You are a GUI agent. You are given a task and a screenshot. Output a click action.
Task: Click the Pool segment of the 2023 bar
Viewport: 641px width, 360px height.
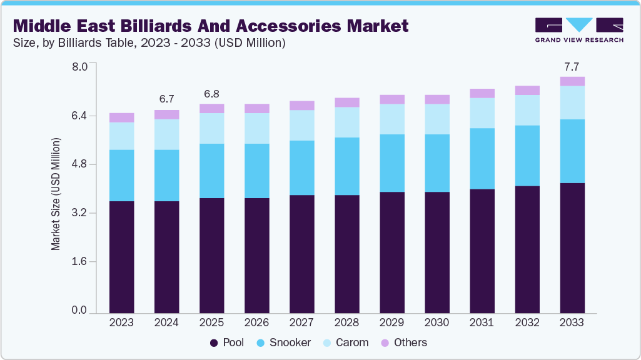tap(121, 256)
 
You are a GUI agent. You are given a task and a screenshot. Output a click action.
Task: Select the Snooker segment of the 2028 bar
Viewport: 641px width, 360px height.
tap(346, 166)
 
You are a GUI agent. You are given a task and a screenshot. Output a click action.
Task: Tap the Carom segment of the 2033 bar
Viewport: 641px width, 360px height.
tap(572, 102)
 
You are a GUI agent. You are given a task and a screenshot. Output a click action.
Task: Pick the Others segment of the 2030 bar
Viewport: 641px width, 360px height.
tap(437, 99)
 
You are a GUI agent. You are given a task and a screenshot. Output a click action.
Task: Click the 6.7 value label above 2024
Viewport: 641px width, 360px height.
tap(166, 99)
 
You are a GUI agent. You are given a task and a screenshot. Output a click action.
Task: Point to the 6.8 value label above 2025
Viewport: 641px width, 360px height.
tap(211, 94)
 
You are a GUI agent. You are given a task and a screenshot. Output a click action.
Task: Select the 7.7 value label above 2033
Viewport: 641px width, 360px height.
tap(572, 66)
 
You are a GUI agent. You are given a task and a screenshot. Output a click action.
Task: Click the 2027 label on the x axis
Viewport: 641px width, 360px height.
tap(301, 322)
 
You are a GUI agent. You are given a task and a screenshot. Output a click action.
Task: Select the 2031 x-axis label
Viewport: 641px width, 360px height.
tap(482, 322)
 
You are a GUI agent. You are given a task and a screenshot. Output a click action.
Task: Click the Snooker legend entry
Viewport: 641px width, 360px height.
tap(286, 342)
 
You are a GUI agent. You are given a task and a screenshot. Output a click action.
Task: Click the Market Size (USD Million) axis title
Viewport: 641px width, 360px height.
tap(56, 194)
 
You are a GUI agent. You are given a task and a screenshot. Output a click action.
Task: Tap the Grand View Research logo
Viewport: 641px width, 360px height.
tap(579, 29)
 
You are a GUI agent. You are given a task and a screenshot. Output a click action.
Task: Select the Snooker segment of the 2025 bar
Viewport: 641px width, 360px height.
tap(211, 171)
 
